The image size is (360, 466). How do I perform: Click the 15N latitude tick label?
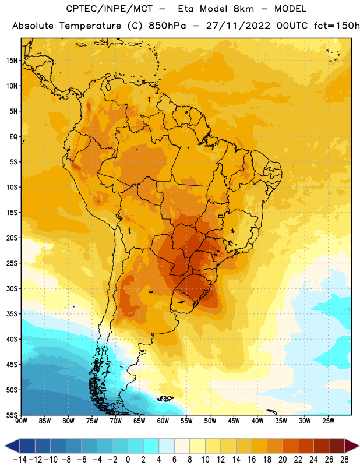click(x=12, y=61)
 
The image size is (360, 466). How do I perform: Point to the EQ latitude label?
click(x=13, y=137)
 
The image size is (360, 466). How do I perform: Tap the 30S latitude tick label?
click(x=12, y=288)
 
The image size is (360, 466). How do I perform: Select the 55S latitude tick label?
click(x=12, y=415)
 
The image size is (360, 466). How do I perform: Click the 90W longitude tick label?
click(x=21, y=421)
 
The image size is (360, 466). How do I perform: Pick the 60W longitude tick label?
click(x=163, y=421)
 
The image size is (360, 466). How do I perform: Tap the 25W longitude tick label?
click(x=328, y=421)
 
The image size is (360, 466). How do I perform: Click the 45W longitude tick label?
click(x=234, y=421)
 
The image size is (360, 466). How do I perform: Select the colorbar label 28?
click(x=344, y=460)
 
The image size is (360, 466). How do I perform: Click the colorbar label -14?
click(x=20, y=460)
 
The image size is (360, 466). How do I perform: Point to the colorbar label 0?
click(x=128, y=460)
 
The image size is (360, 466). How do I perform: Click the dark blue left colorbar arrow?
click(x=12, y=446)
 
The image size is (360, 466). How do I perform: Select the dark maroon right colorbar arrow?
click(x=352, y=446)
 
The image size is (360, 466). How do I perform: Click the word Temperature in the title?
click(x=90, y=26)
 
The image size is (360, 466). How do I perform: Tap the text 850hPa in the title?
click(x=167, y=26)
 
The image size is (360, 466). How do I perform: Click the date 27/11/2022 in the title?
click(x=238, y=26)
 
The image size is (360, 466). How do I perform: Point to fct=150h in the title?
click(x=337, y=26)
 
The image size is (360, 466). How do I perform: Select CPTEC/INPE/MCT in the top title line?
click(x=110, y=9)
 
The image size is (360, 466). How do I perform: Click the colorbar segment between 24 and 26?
click(x=322, y=446)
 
